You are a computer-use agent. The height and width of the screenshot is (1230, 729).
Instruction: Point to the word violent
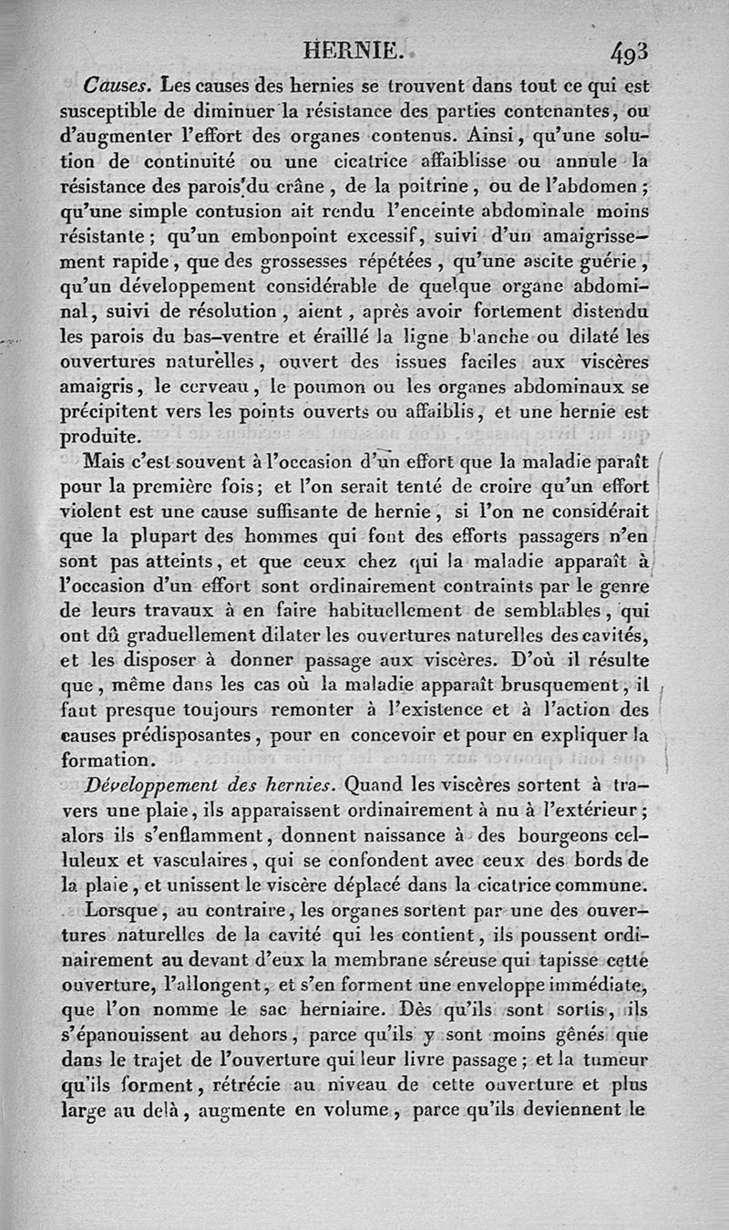[94, 508]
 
